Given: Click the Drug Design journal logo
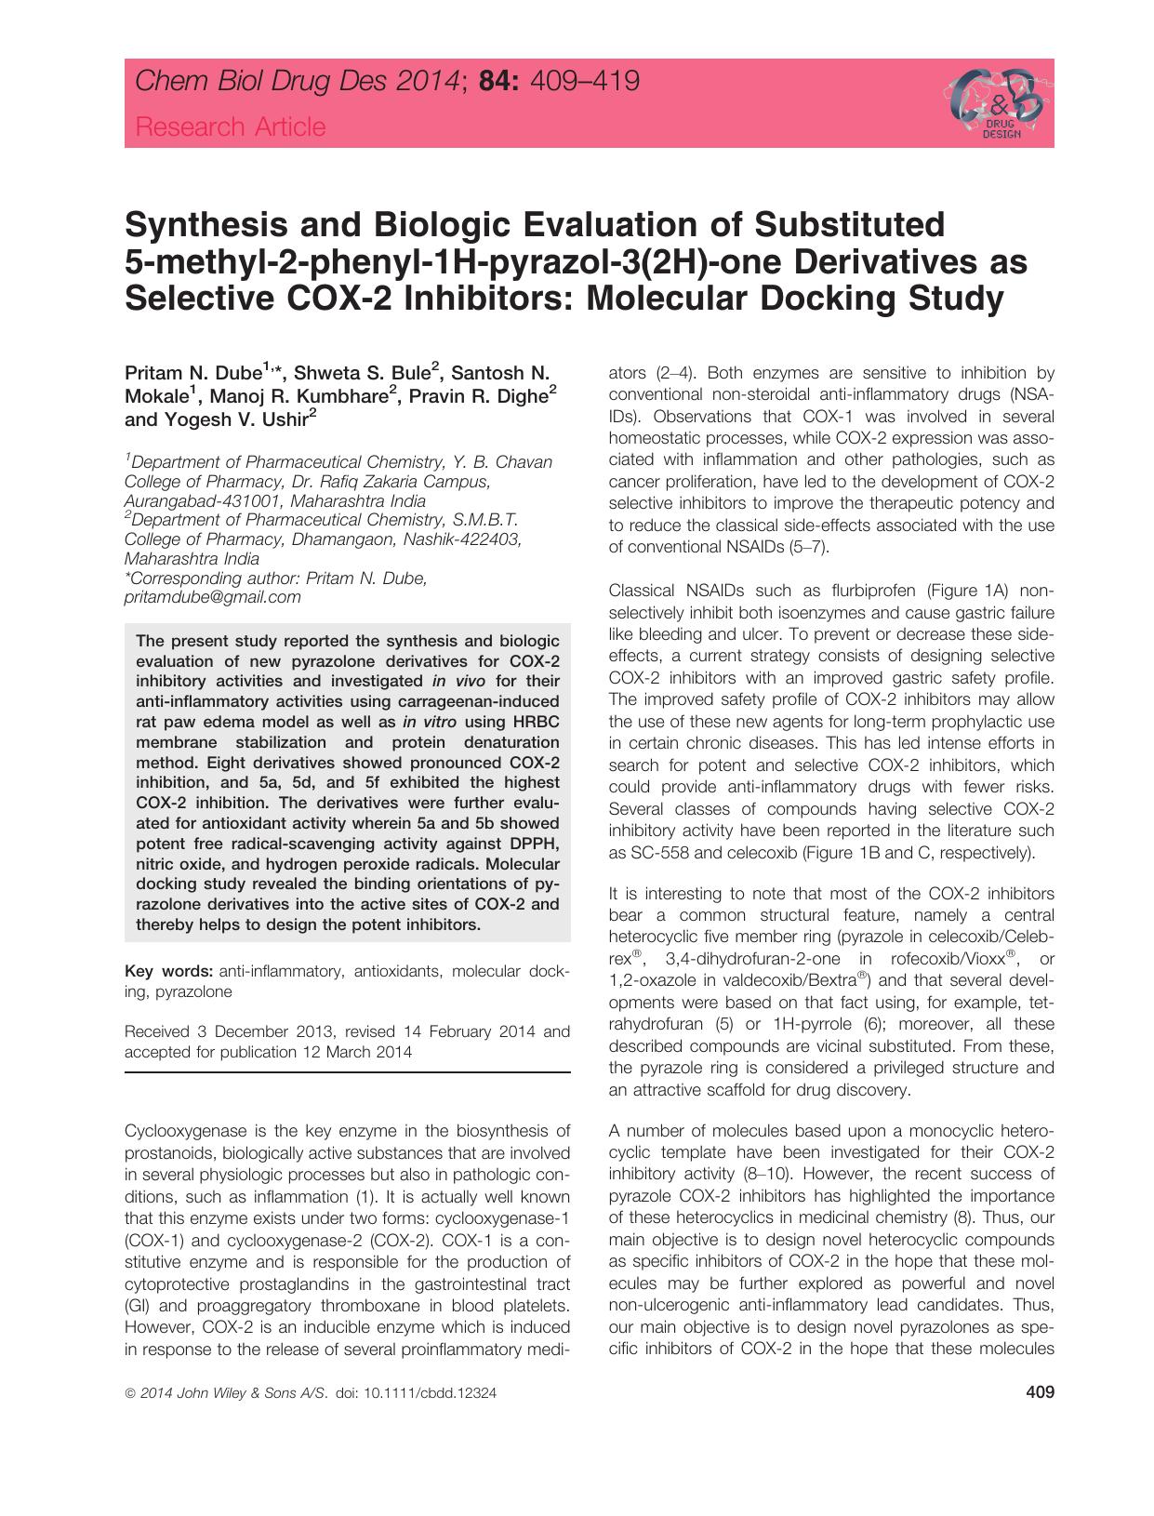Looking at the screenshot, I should pos(993,103).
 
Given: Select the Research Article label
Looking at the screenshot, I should pos(231,126).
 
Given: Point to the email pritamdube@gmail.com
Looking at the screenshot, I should pos(213,598).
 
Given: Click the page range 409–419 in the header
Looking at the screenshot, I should pos(583,82).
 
